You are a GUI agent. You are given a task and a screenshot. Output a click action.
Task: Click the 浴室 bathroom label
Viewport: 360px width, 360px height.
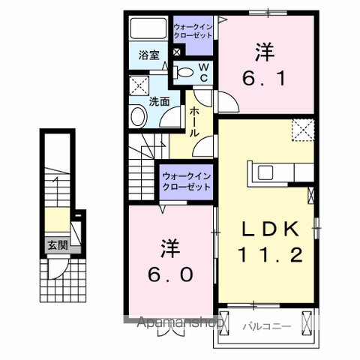tap(148, 55)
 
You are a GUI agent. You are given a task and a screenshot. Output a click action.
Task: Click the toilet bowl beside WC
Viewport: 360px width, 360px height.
tap(184, 72)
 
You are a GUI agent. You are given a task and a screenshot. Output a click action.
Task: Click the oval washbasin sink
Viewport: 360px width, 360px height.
tap(138, 116)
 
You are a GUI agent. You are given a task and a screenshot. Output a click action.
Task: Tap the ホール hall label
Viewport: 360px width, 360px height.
tap(194, 120)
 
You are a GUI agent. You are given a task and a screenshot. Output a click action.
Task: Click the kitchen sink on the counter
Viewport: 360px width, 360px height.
tap(267, 172)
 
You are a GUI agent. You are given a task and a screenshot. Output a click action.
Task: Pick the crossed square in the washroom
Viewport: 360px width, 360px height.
tap(138, 84)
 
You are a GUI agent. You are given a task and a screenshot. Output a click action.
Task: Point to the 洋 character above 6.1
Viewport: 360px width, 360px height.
tap(263, 51)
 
